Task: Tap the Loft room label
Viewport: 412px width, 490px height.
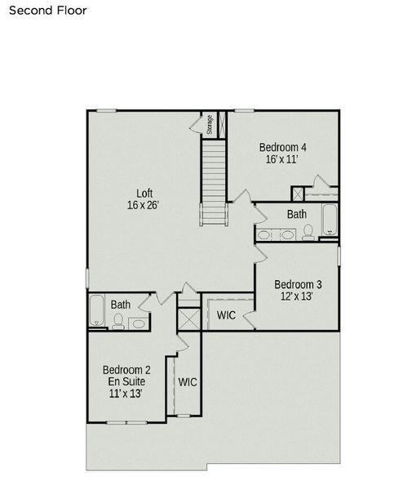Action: point(144,194)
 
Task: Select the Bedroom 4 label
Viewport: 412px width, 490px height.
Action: point(282,147)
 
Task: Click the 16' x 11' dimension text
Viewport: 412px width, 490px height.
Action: point(281,159)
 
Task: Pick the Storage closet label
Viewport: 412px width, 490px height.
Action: point(210,125)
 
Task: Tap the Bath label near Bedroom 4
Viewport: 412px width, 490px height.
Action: point(297,214)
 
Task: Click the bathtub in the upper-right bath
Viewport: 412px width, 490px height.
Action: point(329,220)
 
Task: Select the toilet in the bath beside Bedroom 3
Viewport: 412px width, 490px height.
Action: point(308,234)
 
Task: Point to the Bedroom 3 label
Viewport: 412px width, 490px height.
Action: point(295,284)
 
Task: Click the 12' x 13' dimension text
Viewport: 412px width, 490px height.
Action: point(296,296)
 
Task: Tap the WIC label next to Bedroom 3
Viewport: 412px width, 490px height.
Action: point(226,315)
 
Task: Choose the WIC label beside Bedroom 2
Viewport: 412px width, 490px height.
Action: point(188,381)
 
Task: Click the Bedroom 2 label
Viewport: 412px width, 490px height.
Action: point(126,369)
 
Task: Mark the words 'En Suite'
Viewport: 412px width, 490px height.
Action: point(126,381)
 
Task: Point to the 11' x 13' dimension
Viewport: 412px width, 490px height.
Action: point(126,394)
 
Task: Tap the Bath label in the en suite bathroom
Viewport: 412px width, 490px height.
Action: point(121,305)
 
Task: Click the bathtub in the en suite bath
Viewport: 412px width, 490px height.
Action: point(97,311)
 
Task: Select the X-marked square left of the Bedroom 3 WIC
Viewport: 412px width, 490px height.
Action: point(188,317)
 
